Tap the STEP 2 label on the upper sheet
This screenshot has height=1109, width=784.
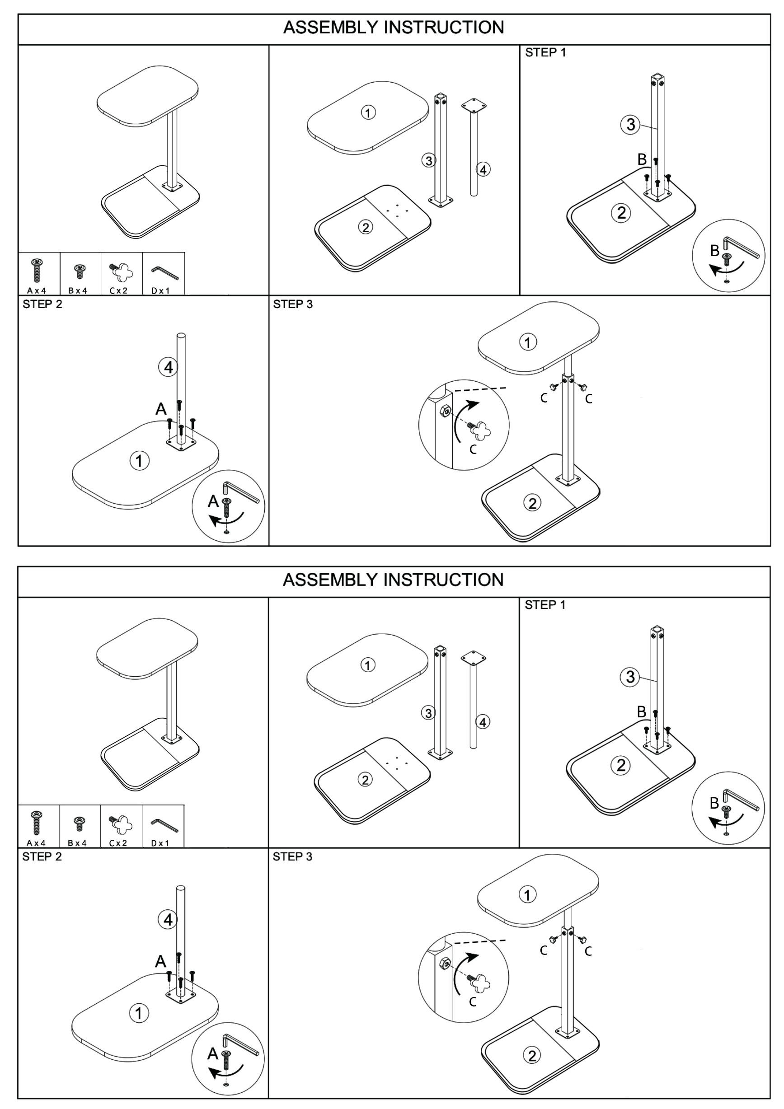click(42, 304)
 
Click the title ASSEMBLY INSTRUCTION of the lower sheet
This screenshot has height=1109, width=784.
click(393, 580)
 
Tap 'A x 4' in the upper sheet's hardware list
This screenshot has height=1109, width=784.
click(37, 291)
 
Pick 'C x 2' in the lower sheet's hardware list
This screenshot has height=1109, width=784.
click(118, 843)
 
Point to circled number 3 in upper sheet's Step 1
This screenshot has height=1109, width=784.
click(630, 125)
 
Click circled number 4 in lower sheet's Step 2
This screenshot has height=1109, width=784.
click(168, 920)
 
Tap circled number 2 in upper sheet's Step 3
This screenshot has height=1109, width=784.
click(532, 503)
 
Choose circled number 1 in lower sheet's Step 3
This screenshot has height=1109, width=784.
click(527, 894)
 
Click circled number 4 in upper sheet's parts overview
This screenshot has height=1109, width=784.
click(483, 169)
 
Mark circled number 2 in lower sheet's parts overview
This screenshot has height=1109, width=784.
click(365, 780)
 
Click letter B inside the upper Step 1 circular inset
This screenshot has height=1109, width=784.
click(714, 251)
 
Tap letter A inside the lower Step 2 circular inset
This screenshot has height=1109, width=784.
click(212, 1053)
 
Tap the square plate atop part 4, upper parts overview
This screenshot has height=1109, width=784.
click(474, 105)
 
